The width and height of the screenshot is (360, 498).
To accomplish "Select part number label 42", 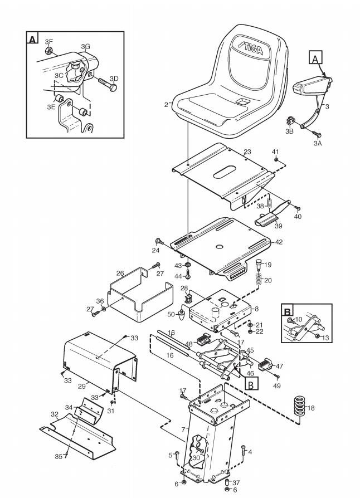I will click(x=279, y=242).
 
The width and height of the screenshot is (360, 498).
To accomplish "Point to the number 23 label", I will click(x=247, y=152).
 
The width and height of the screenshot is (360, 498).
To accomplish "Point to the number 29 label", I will click(x=81, y=385).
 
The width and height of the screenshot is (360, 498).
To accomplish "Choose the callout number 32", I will click(x=55, y=414).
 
